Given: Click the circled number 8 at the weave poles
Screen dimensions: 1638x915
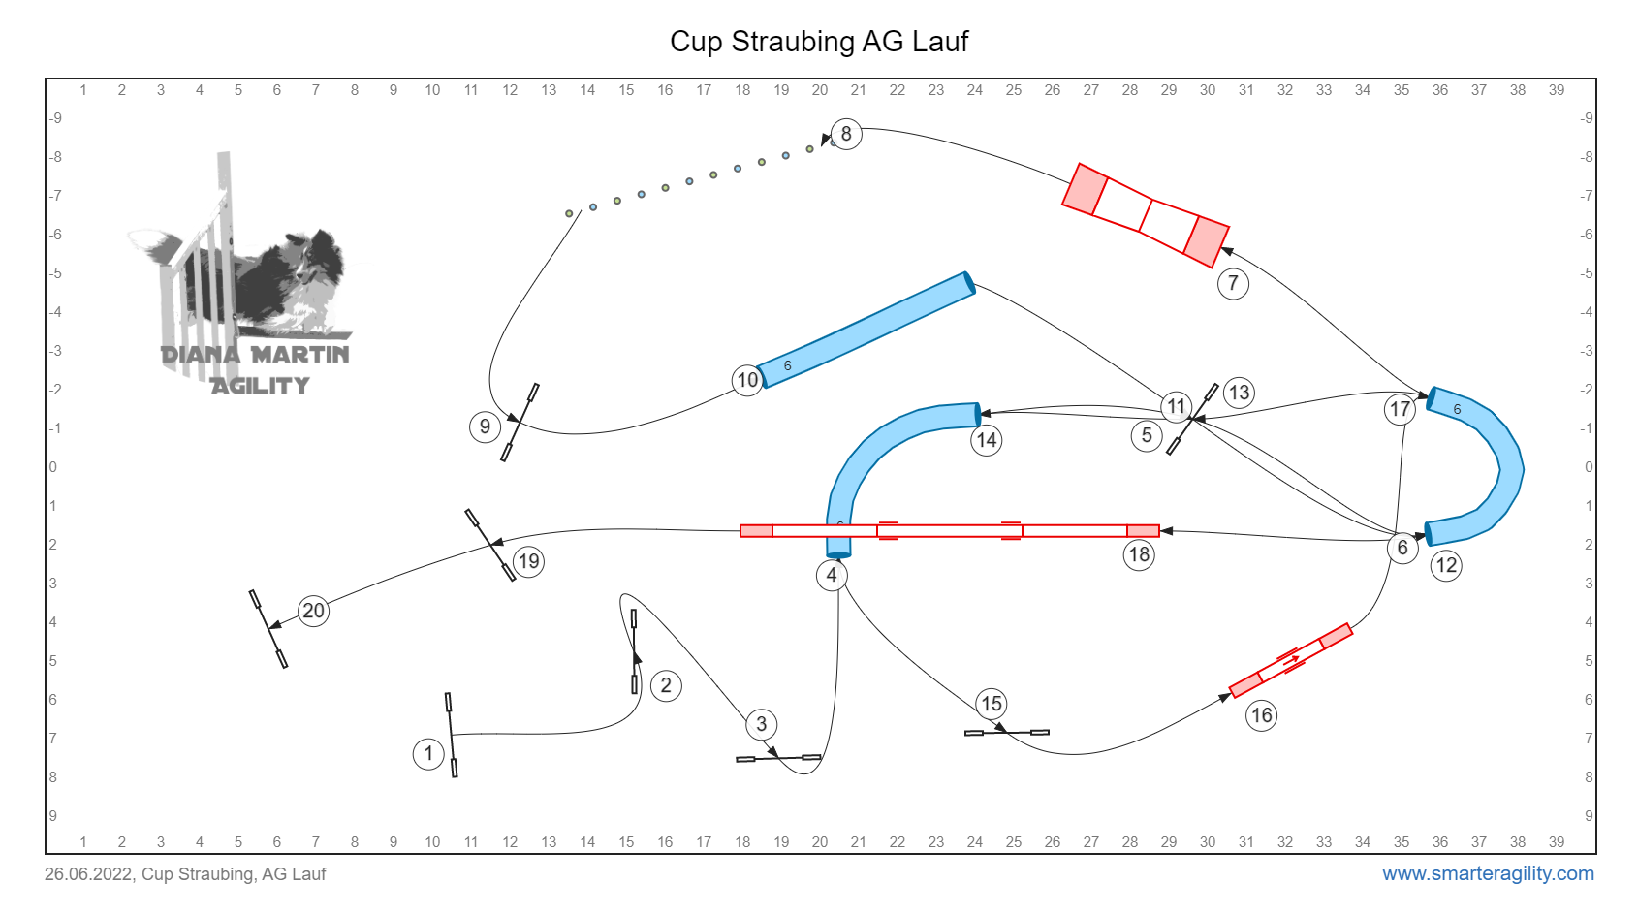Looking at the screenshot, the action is click(846, 134).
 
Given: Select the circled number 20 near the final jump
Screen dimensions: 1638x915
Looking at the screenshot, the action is click(313, 611).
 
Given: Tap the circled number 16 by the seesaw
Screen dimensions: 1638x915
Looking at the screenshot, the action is click(1261, 714).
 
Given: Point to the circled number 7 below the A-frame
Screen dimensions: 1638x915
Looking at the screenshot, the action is click(1233, 283).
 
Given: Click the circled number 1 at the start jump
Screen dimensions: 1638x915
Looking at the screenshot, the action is click(428, 753).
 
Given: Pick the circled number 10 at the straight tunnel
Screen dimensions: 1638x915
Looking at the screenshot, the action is click(747, 380).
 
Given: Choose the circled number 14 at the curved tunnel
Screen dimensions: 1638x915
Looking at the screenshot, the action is click(987, 440).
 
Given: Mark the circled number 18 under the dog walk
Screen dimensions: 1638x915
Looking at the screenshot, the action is click(1139, 554).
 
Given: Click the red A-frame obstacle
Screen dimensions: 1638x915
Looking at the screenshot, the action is click(1145, 215).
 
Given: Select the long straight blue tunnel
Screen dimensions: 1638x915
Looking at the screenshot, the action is click(866, 330).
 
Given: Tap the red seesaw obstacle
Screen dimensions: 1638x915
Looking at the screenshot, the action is click(1291, 660).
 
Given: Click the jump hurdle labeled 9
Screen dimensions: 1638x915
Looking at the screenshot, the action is click(520, 422).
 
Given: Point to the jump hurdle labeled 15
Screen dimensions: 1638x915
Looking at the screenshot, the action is click(1007, 732).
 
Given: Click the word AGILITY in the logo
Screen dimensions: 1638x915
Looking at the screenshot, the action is click(261, 386).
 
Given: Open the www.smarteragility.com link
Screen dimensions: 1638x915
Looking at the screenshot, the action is click(1488, 873).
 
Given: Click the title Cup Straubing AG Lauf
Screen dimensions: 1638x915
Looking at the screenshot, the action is click(819, 41).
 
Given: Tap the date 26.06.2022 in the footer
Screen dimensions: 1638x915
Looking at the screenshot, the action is click(88, 874).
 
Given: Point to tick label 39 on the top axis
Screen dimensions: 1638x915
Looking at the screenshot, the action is click(1557, 90).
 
